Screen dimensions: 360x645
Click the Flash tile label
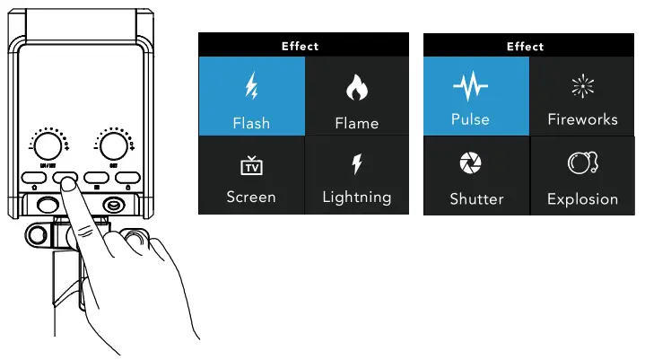tap(251, 123)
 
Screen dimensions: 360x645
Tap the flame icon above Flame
tap(356, 89)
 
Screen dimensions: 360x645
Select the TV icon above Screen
tap(251, 165)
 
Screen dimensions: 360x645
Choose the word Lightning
tap(356, 197)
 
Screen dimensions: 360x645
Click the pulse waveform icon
tap(469, 87)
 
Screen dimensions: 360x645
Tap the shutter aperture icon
tap(469, 162)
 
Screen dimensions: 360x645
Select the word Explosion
tap(582, 199)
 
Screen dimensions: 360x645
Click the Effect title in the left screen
tap(300, 46)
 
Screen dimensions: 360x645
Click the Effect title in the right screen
tap(525, 46)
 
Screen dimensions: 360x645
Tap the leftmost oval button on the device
tap(35, 178)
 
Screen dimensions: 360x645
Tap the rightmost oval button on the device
tap(127, 178)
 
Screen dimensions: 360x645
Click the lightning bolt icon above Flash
tap(251, 88)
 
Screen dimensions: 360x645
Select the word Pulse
tap(469, 119)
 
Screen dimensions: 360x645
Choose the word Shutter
tap(476, 199)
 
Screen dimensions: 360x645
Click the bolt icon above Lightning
tap(356, 163)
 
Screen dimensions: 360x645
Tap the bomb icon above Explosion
tap(582, 163)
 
